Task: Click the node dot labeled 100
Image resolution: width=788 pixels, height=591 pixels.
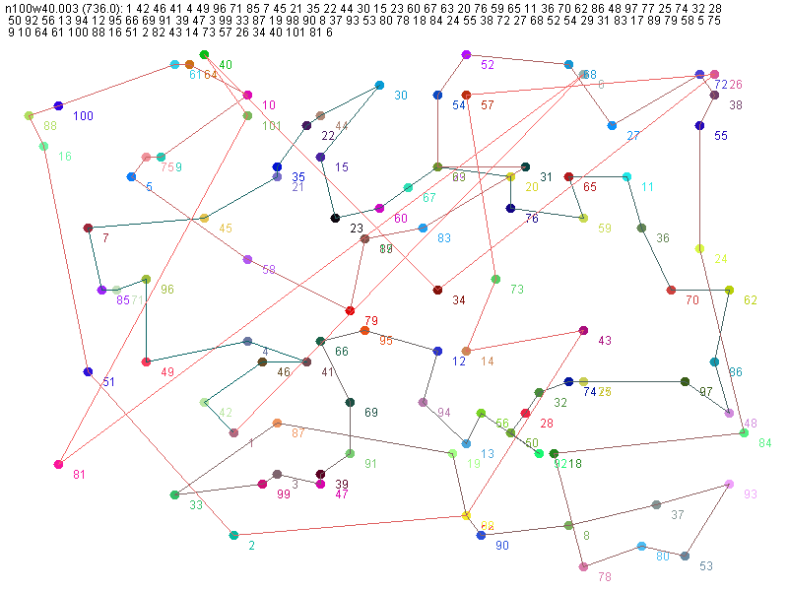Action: [58, 105]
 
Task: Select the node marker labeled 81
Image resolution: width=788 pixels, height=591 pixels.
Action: [59, 464]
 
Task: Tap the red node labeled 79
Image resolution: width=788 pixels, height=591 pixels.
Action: [350, 310]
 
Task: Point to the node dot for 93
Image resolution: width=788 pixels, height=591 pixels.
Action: [729, 484]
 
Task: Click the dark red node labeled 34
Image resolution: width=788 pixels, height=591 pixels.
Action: [437, 290]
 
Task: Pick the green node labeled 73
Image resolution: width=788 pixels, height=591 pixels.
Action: [495, 279]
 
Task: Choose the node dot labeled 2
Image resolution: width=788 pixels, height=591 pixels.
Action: [233, 535]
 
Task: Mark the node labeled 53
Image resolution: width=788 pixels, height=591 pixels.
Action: [685, 557]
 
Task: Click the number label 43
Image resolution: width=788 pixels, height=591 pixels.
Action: [605, 341]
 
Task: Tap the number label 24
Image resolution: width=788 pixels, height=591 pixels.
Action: [721, 259]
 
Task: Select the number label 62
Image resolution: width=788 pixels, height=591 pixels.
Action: [751, 300]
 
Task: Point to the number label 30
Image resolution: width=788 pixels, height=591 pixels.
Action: [400, 96]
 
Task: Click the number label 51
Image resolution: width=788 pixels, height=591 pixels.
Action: [108, 382]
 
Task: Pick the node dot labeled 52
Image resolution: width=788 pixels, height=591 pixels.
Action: [466, 54]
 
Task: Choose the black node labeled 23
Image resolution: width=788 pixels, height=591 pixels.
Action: [335, 218]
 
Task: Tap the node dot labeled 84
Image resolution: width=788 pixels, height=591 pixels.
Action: [744, 432]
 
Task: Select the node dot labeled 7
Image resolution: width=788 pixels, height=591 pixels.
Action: [88, 228]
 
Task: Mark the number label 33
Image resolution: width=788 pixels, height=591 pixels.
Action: [196, 505]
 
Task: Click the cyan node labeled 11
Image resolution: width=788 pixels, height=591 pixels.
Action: [626, 176]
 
